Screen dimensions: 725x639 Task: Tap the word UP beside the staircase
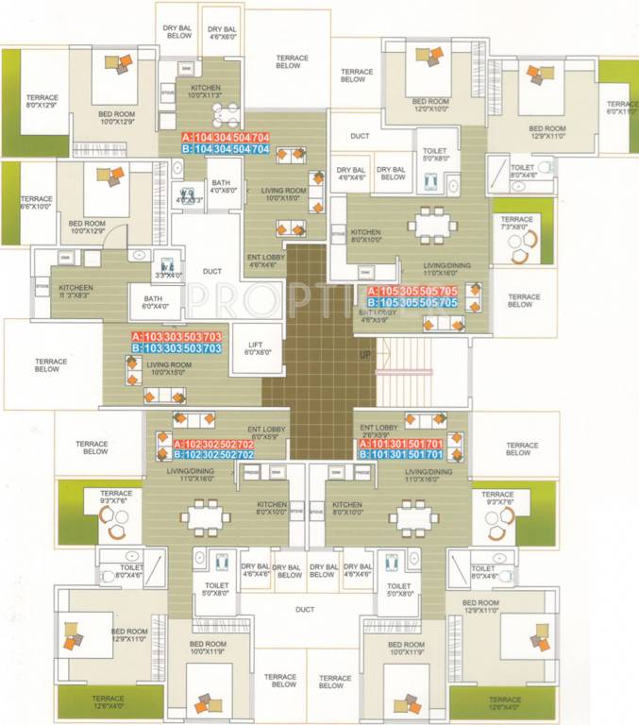364,355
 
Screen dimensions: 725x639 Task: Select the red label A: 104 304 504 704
226,137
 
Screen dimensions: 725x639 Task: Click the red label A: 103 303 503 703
177,336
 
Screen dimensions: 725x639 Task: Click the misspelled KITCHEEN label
76,291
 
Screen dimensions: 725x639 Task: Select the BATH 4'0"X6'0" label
224,187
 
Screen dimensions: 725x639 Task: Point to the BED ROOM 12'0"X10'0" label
430,104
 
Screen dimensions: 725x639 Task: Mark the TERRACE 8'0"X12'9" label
42,102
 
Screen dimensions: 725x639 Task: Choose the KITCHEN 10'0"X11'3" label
206,92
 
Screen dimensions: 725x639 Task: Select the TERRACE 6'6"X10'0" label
37,204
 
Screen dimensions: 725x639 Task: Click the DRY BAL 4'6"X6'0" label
223,33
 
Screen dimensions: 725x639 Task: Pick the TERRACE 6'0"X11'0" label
620,109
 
